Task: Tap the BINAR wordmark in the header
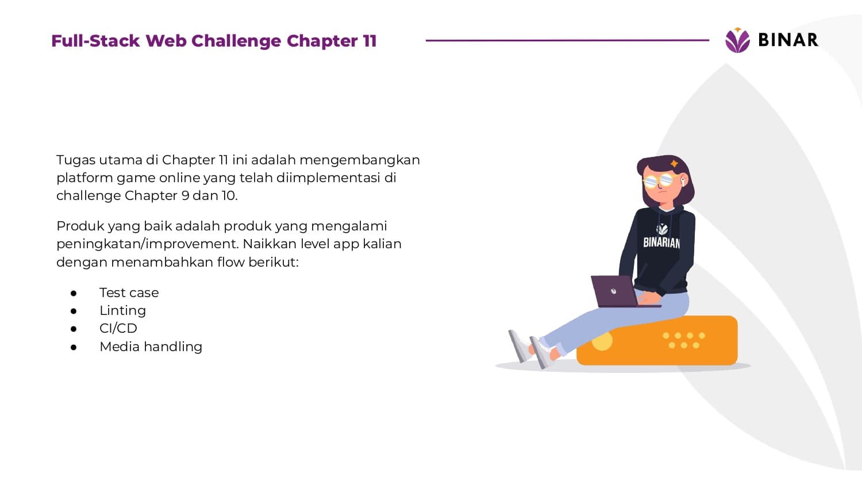pyautogui.click(x=788, y=40)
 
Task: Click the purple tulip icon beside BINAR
pyautogui.click(x=737, y=40)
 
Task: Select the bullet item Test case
pyautogui.click(x=129, y=292)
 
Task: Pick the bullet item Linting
pyautogui.click(x=123, y=311)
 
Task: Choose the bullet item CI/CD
pyautogui.click(x=118, y=328)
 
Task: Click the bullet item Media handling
pyautogui.click(x=151, y=347)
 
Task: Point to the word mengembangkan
pyautogui.click(x=359, y=160)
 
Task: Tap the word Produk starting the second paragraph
pyautogui.click(x=80, y=226)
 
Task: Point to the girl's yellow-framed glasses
pyautogui.click(x=659, y=180)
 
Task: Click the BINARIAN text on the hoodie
pyautogui.click(x=661, y=243)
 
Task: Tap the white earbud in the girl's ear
pyautogui.click(x=683, y=181)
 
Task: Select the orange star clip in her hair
pyautogui.click(x=674, y=164)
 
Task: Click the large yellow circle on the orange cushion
pyautogui.click(x=602, y=341)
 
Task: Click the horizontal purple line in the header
pyautogui.click(x=567, y=40)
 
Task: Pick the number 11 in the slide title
pyautogui.click(x=370, y=41)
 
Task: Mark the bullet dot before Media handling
pyautogui.click(x=74, y=347)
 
